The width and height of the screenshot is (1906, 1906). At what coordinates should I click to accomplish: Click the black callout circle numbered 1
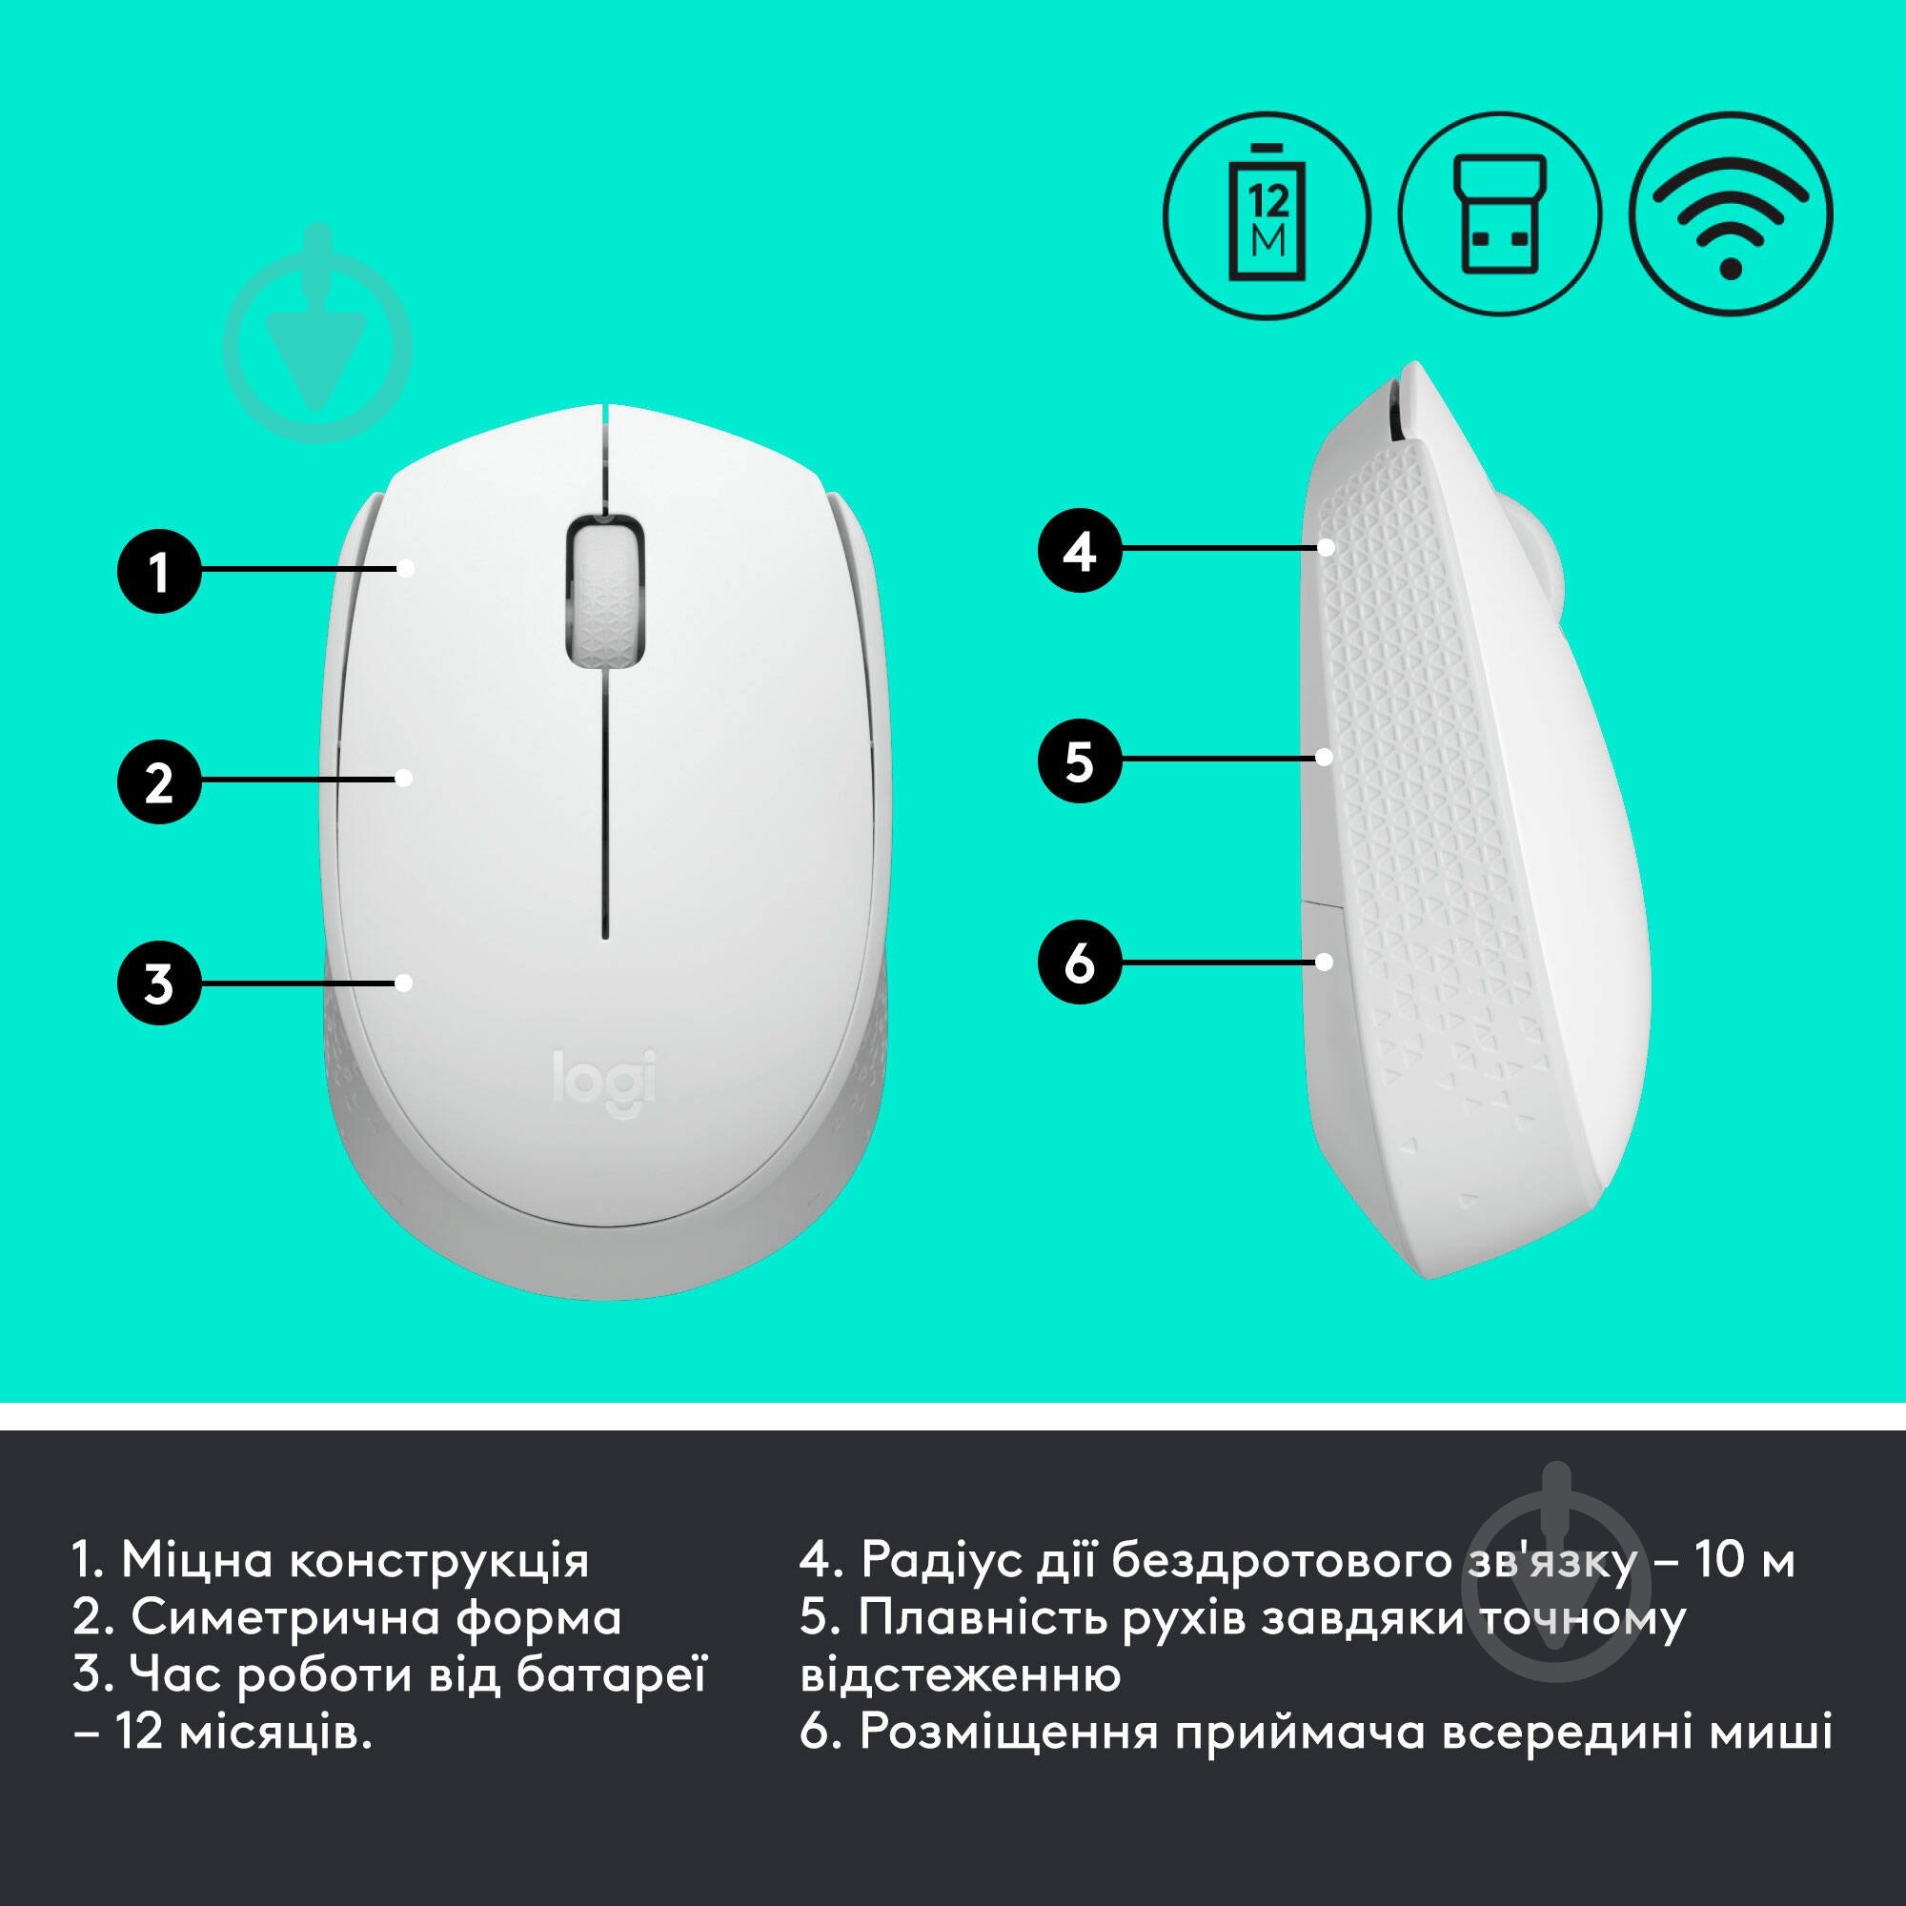159,571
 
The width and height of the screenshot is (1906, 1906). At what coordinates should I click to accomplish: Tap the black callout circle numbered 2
159,782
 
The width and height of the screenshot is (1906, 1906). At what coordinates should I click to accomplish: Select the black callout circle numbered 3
159,983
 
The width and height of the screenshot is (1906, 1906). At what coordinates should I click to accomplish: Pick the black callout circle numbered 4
1081,550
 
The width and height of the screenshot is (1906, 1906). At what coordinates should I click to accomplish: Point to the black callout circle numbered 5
1081,760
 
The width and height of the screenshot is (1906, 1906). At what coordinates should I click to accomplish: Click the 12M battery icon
1267,215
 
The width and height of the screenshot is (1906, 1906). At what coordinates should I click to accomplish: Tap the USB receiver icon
1499,215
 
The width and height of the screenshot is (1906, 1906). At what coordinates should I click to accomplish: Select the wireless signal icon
1732,215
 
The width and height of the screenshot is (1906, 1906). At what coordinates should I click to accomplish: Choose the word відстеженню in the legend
960,1675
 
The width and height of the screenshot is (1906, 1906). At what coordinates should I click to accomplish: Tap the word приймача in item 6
1299,1733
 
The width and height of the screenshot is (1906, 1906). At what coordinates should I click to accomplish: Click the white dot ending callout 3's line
402,982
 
